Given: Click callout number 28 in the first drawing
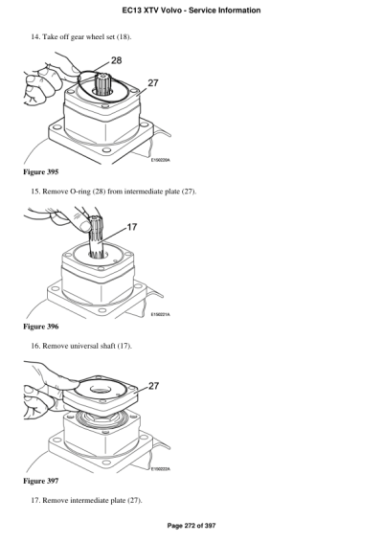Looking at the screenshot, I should tap(116, 61).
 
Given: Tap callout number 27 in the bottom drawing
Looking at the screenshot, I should tap(154, 386).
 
